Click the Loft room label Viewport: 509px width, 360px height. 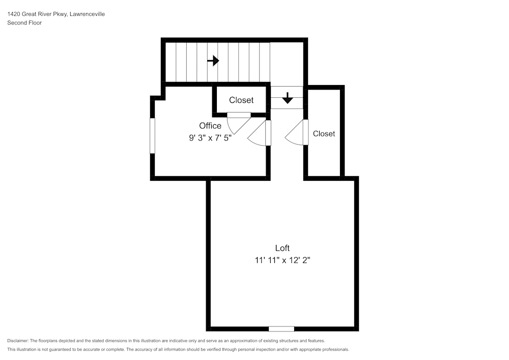tap(282, 248)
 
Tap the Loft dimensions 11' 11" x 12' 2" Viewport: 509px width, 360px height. tap(282, 260)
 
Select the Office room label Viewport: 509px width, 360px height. tap(210, 126)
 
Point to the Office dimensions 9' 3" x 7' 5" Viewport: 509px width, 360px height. tap(210, 137)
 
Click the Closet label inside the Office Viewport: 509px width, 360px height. tap(241, 100)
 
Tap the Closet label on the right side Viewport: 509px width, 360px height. tap(324, 133)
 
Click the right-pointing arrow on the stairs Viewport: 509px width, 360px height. tap(213, 61)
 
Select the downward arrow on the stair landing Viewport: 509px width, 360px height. tap(288, 98)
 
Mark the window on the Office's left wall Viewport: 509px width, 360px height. tap(152, 135)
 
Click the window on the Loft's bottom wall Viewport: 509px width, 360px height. tap(281, 328)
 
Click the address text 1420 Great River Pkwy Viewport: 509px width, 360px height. tap(41, 14)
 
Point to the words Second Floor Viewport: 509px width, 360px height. tap(24, 23)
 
